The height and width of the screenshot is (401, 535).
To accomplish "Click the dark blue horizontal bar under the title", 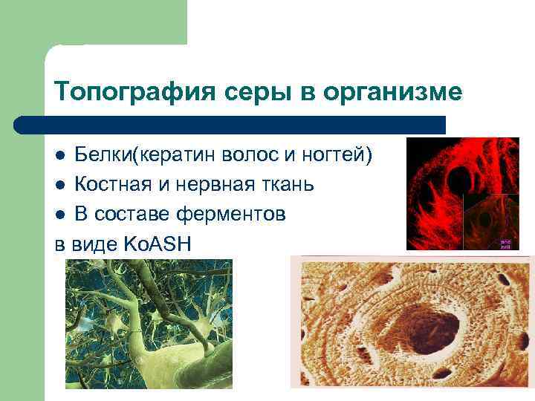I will point(230,124).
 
